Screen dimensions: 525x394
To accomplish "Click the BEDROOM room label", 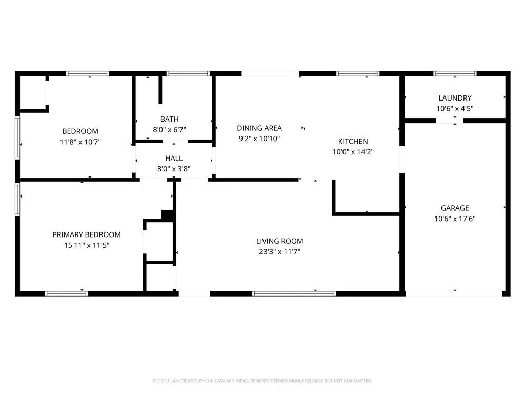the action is point(80,131).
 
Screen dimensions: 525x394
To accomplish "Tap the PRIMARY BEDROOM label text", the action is point(86,234).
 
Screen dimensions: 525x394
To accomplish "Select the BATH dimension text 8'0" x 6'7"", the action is point(169,130).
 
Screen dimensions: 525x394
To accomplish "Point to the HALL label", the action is point(174,158).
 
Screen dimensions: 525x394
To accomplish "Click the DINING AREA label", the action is point(259,128).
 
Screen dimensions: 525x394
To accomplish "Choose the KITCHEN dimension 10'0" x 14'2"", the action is point(353,152).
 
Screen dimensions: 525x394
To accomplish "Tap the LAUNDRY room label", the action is point(455,98).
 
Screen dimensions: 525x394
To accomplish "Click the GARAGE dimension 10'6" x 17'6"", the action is point(455,219).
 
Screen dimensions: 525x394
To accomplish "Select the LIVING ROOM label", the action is point(279,241).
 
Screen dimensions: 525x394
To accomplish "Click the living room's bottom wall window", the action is point(294,294).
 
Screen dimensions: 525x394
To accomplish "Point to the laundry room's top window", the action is point(455,74).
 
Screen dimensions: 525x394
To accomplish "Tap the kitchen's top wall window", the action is point(358,74).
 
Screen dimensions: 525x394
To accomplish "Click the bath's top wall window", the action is point(188,74).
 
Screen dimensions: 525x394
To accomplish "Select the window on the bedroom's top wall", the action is point(87,74).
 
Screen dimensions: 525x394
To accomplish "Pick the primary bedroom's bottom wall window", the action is point(66,294).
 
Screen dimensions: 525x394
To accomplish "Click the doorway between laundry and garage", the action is point(450,121).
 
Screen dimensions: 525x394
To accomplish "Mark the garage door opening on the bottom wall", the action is point(454,294).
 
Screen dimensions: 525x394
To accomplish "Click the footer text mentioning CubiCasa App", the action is point(262,381).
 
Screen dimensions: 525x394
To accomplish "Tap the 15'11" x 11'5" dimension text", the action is point(87,245).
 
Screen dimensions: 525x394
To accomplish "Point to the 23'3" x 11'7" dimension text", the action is point(279,251).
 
